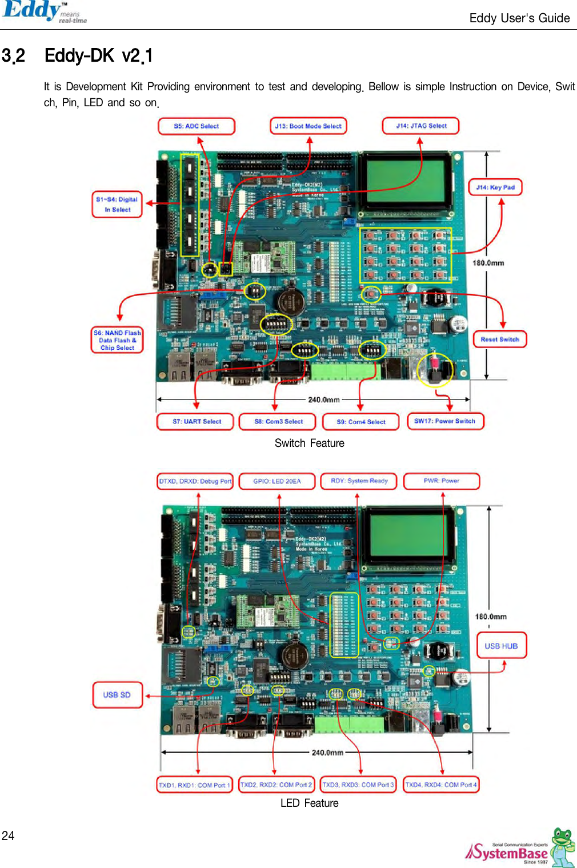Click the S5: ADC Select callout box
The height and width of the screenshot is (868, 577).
tap(197, 126)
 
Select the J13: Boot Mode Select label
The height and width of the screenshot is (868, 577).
tap(308, 126)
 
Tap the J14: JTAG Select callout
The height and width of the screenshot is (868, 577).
tap(421, 126)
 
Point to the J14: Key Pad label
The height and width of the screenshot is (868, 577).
tap(495, 187)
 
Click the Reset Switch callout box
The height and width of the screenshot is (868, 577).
tap(500, 339)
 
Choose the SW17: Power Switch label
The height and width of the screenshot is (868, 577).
tap(445, 421)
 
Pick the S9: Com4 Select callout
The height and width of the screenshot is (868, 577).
tap(360, 422)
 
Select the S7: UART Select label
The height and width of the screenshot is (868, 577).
tap(197, 422)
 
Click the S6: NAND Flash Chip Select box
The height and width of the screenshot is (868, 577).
tap(117, 341)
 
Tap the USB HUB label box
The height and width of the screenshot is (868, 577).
tap(501, 646)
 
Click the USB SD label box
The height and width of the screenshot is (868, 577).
tap(117, 695)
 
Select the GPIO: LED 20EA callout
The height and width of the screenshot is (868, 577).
tap(277, 481)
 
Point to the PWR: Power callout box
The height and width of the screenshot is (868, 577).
tap(441, 481)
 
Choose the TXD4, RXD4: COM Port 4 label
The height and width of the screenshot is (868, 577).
tap(441, 785)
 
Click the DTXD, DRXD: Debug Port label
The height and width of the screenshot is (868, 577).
tap(195, 481)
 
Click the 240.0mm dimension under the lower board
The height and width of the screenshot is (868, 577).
tap(327, 753)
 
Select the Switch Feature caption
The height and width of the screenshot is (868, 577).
tap(309, 443)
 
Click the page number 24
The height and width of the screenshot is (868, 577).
tap(8, 836)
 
